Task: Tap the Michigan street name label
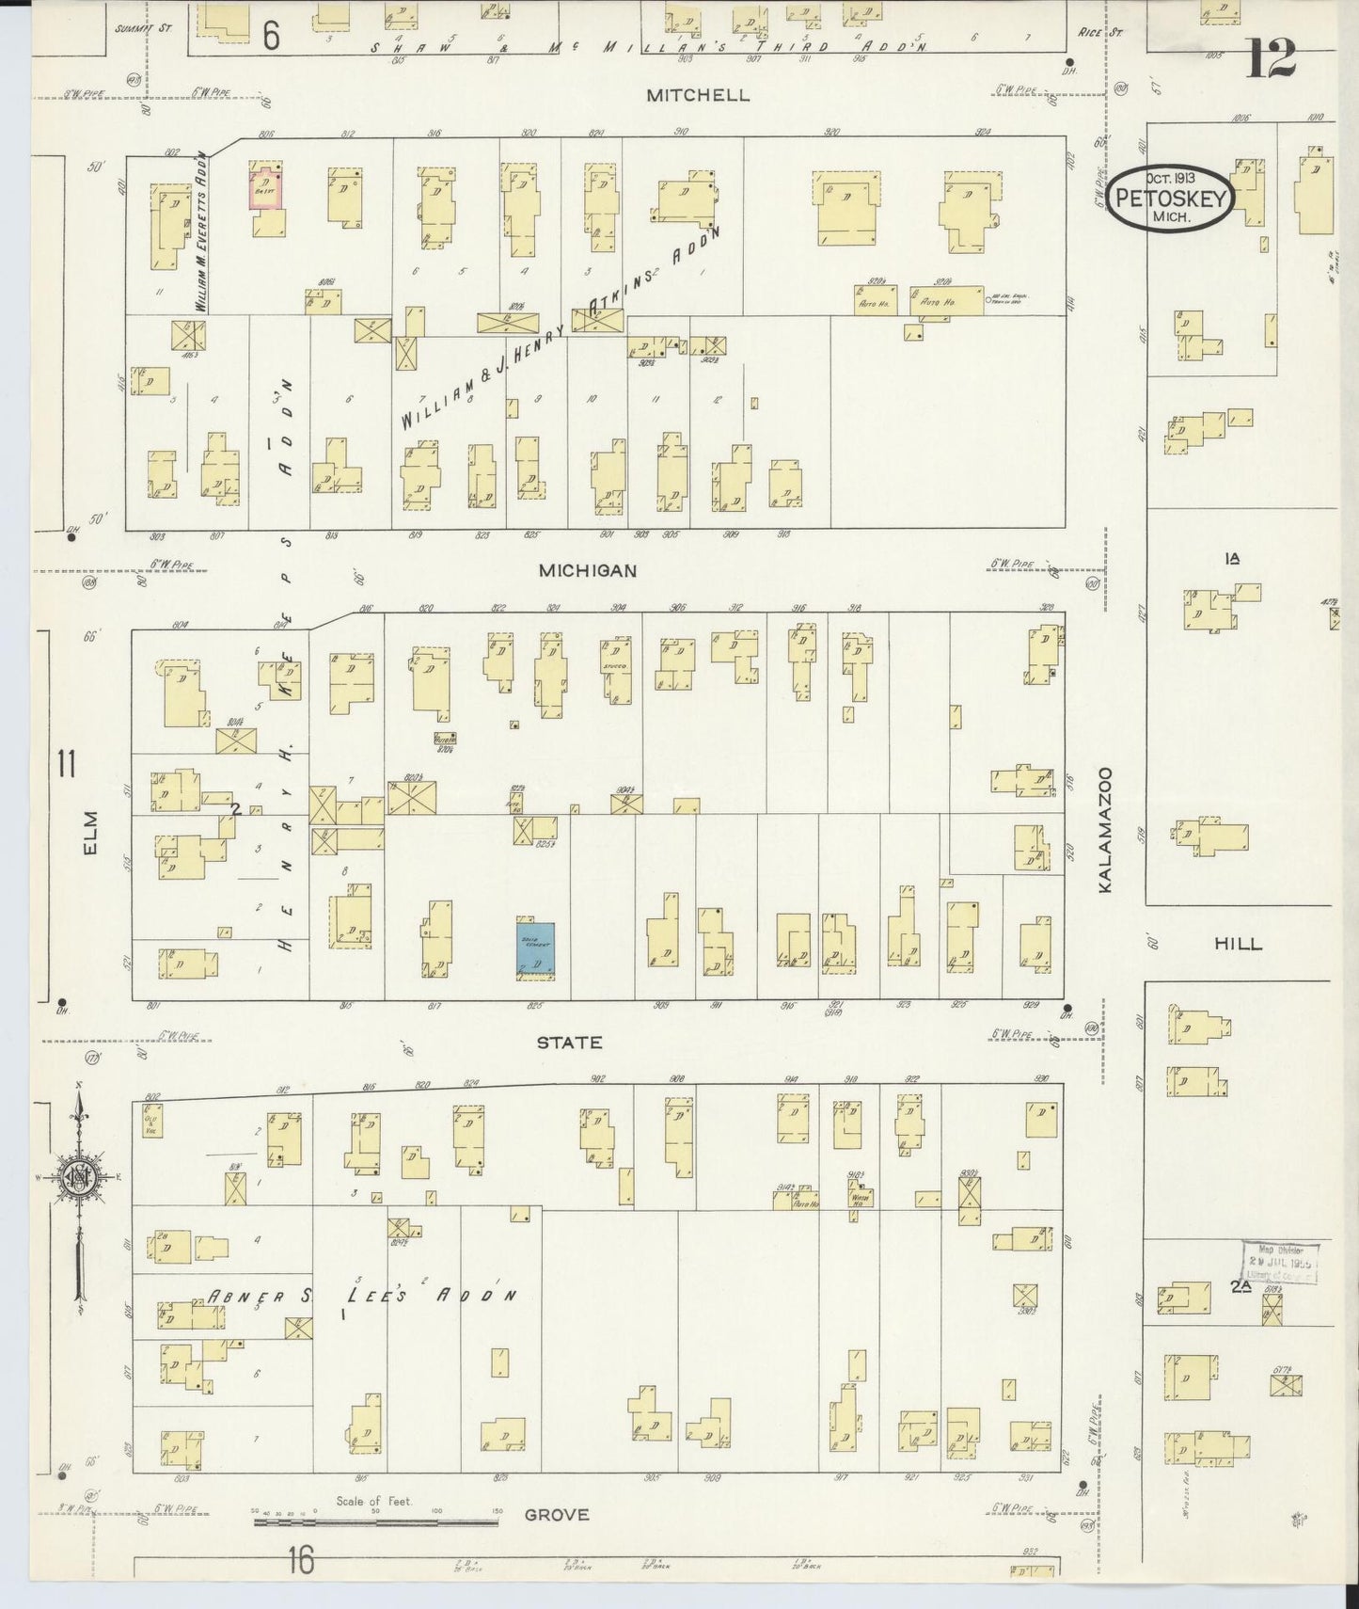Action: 588,570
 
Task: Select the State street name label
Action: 569,1043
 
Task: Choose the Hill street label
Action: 1238,945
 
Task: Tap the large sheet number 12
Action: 1271,60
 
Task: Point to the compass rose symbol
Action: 77,1177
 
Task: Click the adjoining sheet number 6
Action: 271,36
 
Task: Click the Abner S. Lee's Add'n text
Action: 362,1297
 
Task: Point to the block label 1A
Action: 1232,559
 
